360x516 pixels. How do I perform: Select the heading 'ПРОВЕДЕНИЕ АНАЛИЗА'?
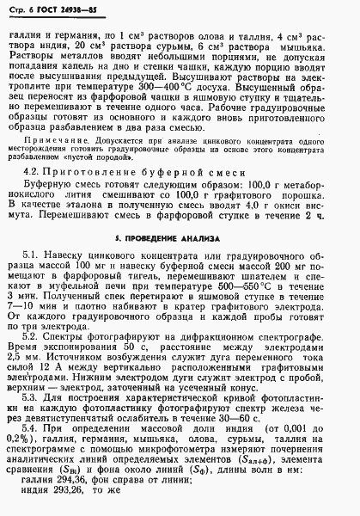coord(188,235)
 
